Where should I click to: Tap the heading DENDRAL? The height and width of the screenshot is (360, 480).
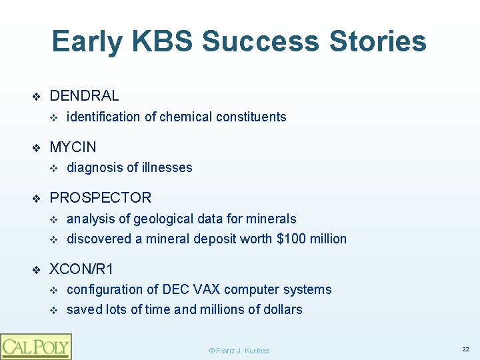coord(84,96)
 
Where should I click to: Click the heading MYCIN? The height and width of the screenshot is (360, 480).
coord(73,147)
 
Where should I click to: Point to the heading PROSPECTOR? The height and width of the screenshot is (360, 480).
coord(100,197)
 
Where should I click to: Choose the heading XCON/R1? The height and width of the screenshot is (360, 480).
coord(81,269)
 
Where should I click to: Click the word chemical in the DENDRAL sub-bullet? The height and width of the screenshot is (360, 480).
coord(185,117)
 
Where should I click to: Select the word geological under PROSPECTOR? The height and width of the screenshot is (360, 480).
coord(165,219)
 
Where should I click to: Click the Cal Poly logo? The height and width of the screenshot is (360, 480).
coord(35,346)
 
